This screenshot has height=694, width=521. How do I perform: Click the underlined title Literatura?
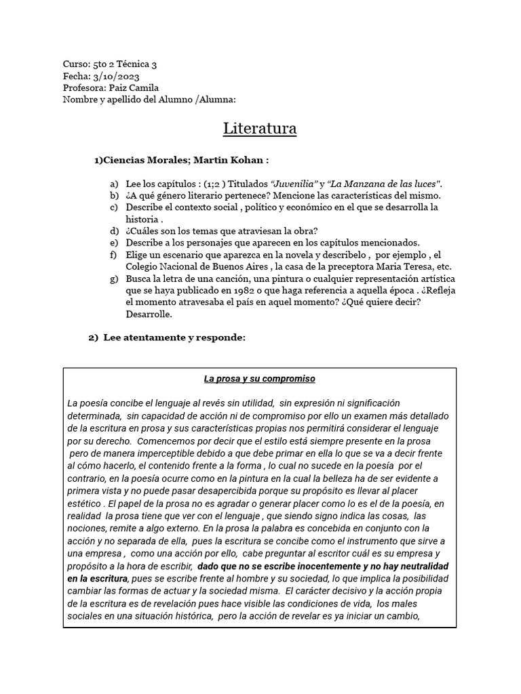point(260,128)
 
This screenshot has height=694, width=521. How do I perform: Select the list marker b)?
point(113,195)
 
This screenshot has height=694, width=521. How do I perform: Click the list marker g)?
point(113,279)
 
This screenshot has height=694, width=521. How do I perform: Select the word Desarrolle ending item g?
point(149,314)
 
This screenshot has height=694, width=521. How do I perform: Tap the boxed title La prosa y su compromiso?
point(260,379)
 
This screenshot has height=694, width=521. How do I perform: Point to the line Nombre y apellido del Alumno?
point(149,100)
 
